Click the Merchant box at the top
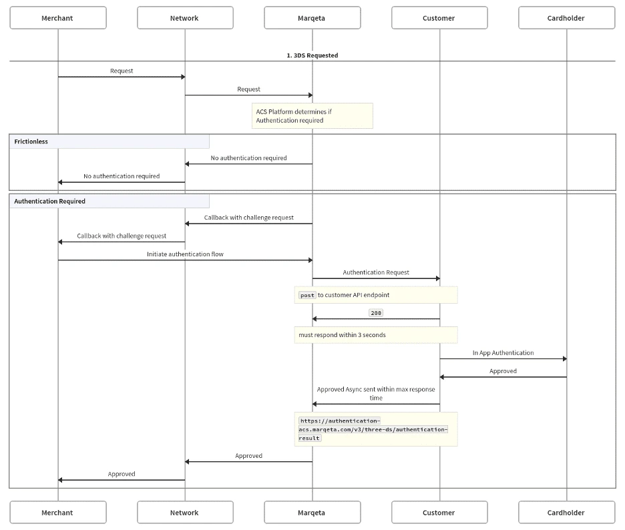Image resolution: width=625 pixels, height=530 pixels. click(x=57, y=18)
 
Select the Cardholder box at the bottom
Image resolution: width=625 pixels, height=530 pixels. click(x=566, y=513)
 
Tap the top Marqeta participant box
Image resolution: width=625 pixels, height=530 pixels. click(x=312, y=18)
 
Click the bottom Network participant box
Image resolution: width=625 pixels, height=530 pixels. click(x=185, y=513)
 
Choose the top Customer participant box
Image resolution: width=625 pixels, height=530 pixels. click(x=439, y=18)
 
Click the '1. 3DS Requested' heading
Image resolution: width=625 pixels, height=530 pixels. click(x=312, y=55)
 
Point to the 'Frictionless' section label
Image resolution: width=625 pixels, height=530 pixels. click(x=31, y=142)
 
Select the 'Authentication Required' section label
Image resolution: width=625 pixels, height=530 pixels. click(x=50, y=201)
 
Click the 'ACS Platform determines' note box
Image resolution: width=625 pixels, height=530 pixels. click(x=312, y=115)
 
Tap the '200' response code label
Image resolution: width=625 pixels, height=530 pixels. click(x=376, y=312)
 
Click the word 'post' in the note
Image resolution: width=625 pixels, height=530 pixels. click(x=307, y=295)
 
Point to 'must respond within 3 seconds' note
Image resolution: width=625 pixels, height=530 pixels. click(x=343, y=334)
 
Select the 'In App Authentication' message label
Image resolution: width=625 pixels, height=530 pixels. click(x=503, y=352)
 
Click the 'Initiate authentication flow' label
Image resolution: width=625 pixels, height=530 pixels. click(x=185, y=254)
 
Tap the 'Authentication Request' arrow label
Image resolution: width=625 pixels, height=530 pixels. click(x=376, y=272)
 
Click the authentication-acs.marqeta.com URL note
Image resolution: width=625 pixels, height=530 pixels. click(x=374, y=429)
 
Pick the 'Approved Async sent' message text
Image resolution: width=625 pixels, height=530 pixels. click(x=376, y=393)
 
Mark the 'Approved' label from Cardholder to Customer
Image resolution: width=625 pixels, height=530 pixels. click(x=503, y=371)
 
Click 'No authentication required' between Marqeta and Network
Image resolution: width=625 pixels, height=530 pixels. click(x=248, y=158)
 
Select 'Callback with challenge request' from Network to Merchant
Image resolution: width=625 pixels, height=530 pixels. click(x=122, y=236)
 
